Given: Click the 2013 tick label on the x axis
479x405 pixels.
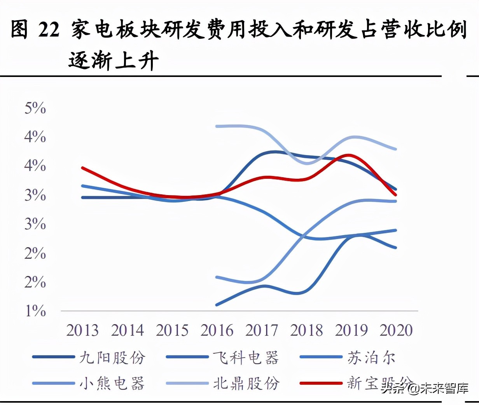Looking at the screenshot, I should coord(82,330).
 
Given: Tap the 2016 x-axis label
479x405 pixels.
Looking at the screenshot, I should coord(217,330).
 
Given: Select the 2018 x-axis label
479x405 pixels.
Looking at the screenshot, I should coord(306,330).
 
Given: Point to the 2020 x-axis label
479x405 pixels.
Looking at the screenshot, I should coord(396,330).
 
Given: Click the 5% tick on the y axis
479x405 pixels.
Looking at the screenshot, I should coord(35,108).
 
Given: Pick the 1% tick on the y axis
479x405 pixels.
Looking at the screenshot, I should coord(35,311).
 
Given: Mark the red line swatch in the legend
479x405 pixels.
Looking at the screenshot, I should coord(321,383).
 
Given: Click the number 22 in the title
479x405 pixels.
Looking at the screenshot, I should coord(49,30).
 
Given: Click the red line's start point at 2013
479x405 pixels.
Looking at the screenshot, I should coord(82,168).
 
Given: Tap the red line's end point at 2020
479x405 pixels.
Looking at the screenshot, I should coord(396,195).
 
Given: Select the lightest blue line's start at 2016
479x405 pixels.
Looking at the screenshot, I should coord(217,126).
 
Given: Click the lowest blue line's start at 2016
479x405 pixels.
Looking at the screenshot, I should coord(217,305).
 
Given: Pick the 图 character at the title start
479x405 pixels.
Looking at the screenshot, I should coord(19,30).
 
